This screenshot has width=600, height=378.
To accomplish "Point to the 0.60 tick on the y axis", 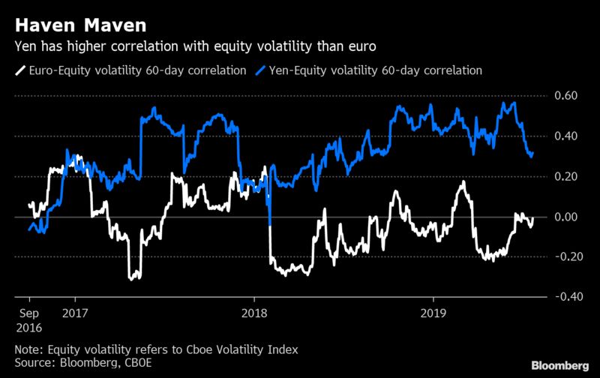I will (567, 96).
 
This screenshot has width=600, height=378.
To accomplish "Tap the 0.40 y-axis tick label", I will (567, 136).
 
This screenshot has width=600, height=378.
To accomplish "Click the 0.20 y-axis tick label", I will (567, 177).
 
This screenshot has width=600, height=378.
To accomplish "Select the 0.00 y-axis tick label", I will (567, 217).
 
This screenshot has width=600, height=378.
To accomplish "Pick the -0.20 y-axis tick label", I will (565, 257).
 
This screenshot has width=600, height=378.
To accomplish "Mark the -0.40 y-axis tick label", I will (565, 298).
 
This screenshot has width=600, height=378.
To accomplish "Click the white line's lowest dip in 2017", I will (134, 278).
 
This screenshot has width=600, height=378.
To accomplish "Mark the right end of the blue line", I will (533, 153).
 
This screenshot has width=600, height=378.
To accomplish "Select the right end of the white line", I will (534, 218).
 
